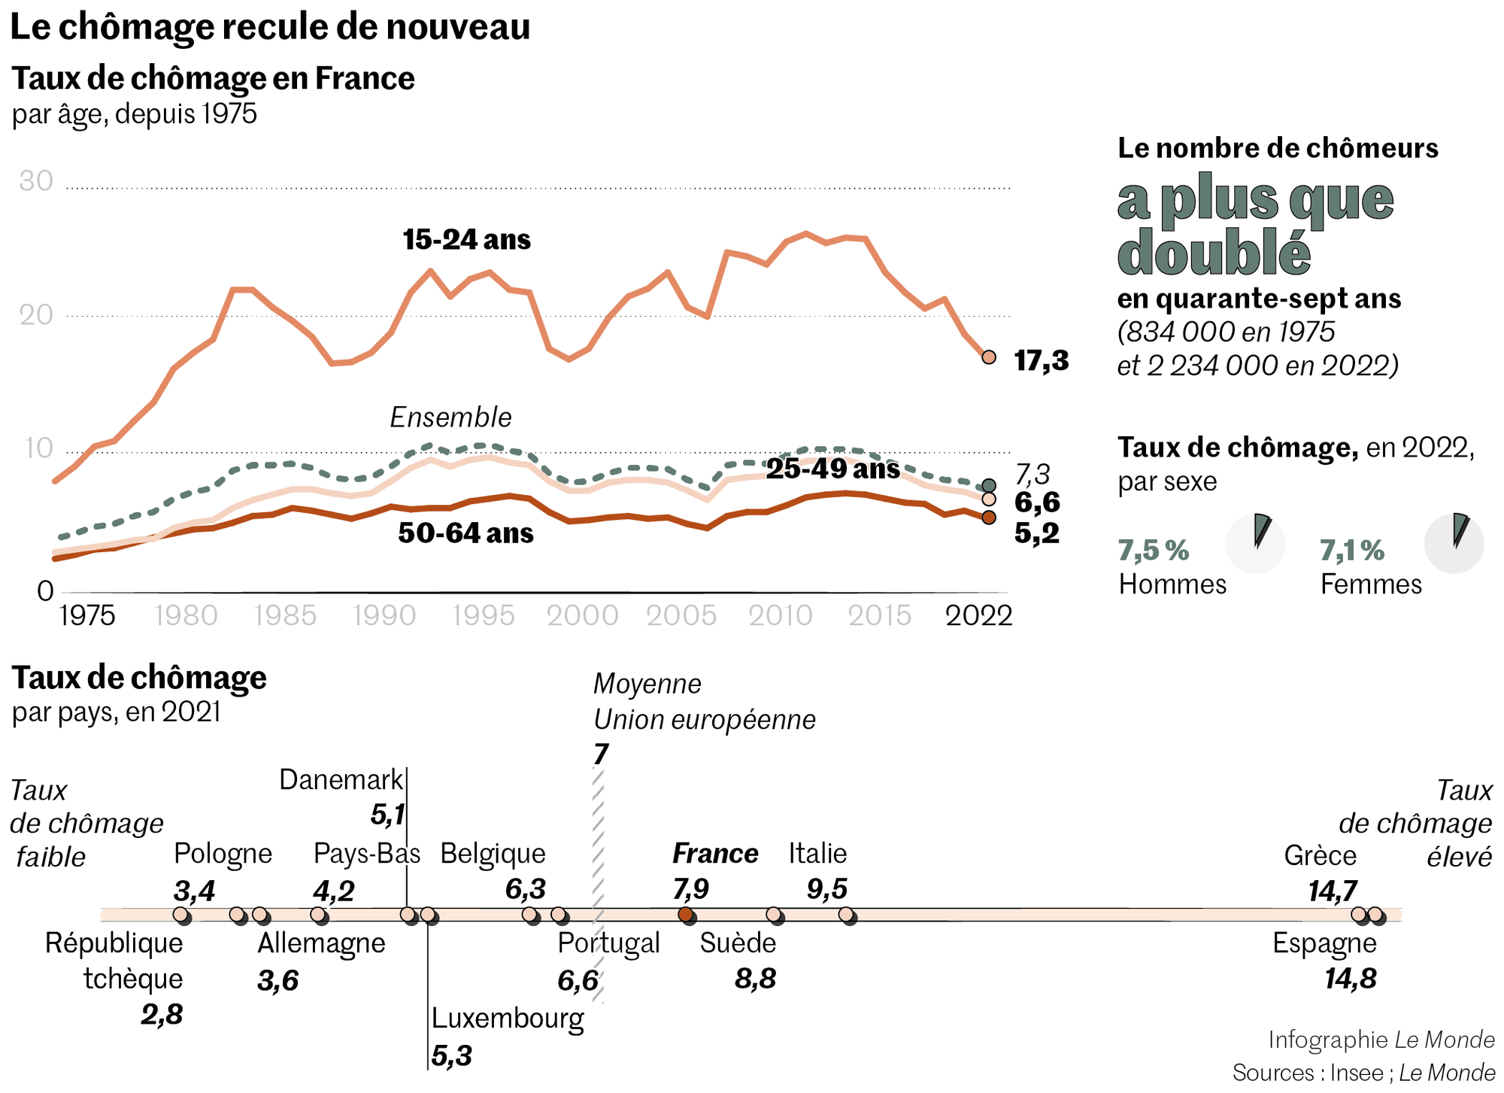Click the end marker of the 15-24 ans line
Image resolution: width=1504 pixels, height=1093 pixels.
pos(989,357)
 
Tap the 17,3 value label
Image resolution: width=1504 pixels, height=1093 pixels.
pos(1042,361)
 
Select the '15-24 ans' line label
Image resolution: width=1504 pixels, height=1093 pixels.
pos(466,240)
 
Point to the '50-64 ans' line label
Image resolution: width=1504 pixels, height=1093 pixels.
pos(465,533)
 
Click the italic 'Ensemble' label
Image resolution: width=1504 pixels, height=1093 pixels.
pos(450,417)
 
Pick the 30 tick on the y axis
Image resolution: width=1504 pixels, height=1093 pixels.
pos(36,181)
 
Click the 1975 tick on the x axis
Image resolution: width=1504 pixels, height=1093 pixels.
pos(87,615)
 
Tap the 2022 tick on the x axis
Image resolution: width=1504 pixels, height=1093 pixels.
pos(978,615)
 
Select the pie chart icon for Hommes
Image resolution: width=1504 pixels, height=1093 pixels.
pos(1255,544)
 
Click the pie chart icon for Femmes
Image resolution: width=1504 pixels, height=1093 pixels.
pos(1454,544)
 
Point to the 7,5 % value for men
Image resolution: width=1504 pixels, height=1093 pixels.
pos(1154,551)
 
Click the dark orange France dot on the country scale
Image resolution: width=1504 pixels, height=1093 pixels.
pos(685,915)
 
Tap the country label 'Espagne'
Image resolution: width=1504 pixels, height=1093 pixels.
pos(1324,943)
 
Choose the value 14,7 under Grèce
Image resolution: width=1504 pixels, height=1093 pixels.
pos(1333,891)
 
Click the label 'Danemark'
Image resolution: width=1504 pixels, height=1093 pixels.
pos(341,780)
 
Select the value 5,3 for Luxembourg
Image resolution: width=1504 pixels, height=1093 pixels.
pos(451,1056)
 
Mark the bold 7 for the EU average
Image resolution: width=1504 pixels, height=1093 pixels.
pos(600,754)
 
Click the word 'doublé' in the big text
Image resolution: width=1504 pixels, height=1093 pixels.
pos(1214,252)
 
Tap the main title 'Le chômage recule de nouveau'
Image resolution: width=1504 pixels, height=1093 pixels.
pos(270,27)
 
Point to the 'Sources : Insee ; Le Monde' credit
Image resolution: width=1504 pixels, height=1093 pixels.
pos(1363,1072)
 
